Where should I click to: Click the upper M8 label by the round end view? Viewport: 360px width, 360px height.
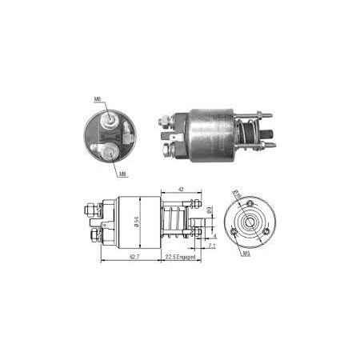click(97, 100)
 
